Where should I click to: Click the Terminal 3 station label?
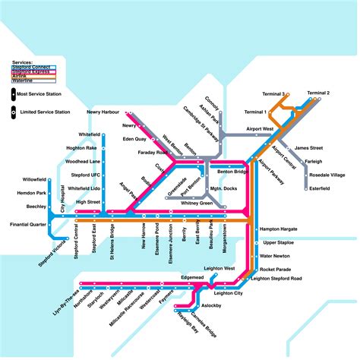pos(273,93)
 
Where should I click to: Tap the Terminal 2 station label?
pos(318,93)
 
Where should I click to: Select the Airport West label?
pos(260,130)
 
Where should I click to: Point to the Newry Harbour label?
pos(103,112)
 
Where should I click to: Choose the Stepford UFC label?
pos(86,175)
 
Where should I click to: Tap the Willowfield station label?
pos(34,180)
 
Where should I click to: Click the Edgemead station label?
pos(193,277)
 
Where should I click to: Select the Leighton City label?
pos(228,293)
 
